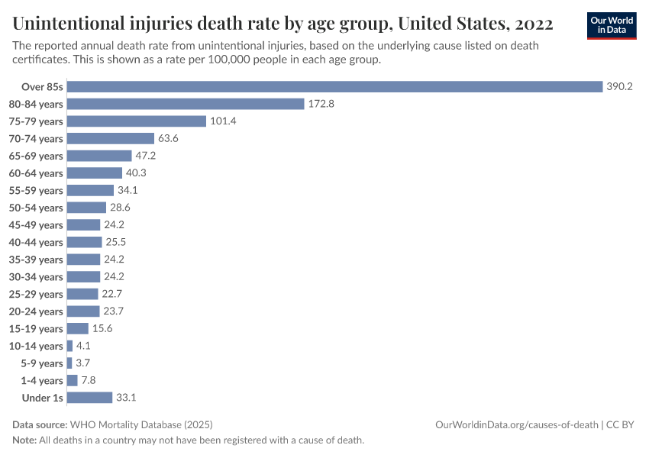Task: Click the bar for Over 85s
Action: pos(334,86)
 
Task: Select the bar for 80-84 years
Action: pos(186,104)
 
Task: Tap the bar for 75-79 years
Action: pos(137,121)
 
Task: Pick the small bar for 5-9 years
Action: pos(69,363)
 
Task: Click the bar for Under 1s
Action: pos(89,398)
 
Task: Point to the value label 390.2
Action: pos(619,86)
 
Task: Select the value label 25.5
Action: pos(116,242)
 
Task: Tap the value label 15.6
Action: pos(103,328)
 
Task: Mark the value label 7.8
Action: pos(88,380)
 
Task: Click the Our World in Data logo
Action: pos(611,25)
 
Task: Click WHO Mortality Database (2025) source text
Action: pos(141,424)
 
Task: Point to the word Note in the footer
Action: pos(24,440)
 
